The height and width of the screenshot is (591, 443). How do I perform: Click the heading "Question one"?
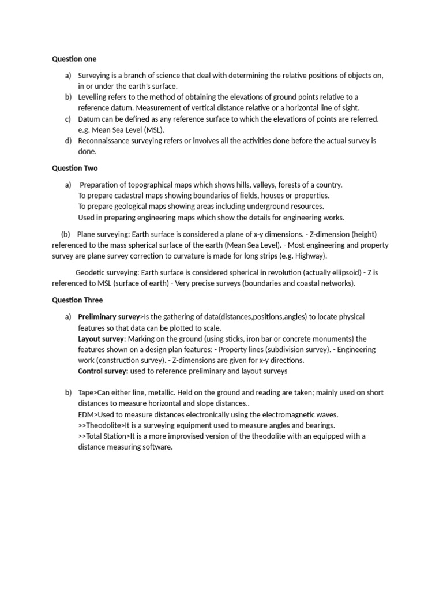point(74,59)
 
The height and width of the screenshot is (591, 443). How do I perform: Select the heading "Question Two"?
point(75,169)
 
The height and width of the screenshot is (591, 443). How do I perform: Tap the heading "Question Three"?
point(77,300)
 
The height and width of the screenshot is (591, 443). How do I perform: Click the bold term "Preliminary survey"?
point(109,317)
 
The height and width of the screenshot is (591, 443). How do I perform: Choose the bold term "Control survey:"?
point(103,371)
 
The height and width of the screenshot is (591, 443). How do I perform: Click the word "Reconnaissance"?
point(106,141)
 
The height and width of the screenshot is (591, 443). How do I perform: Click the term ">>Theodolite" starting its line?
point(100,425)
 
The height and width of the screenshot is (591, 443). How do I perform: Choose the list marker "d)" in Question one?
point(69,141)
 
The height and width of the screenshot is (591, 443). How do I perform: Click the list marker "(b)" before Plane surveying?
point(65,234)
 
